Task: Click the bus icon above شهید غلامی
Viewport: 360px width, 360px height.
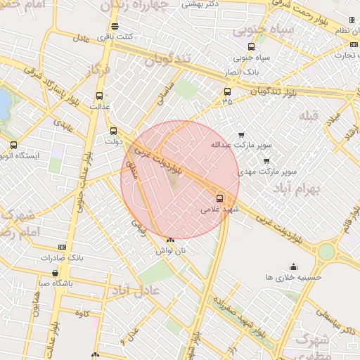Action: point(220,198)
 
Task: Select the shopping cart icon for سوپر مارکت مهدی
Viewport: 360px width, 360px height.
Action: point(266,160)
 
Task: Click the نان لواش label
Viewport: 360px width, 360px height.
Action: point(171,250)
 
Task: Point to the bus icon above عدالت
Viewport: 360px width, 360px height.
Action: point(99,96)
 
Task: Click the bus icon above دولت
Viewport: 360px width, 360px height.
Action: point(113,131)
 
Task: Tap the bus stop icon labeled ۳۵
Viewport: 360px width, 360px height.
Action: point(226,91)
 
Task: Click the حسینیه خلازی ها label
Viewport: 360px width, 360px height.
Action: point(293,277)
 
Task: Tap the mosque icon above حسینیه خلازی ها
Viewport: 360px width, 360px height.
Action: point(293,266)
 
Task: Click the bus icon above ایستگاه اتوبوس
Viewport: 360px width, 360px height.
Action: point(14,145)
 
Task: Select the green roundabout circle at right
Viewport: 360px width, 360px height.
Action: point(326,252)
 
